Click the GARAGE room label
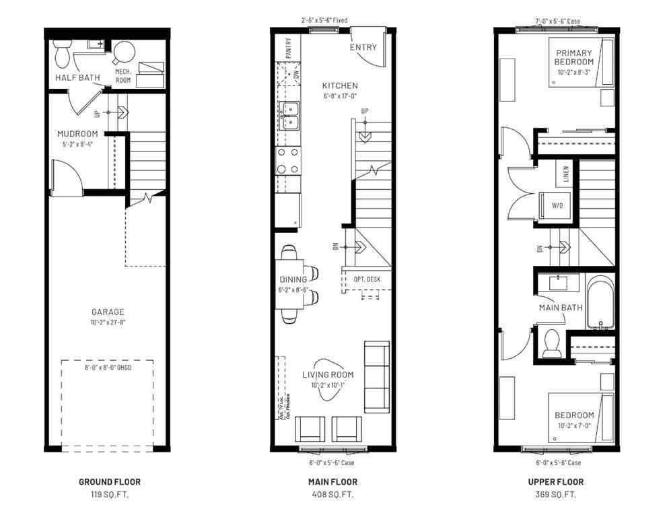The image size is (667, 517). point(108,312)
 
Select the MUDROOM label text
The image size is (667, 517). point(78,133)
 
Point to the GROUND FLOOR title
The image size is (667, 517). point(109,482)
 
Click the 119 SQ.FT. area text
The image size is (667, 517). point(109,494)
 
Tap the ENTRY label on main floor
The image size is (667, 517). point(363,48)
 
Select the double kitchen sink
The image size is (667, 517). point(290,115)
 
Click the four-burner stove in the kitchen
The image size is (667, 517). point(289,161)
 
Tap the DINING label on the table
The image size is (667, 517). point(293,279)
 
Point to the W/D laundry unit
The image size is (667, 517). point(556,206)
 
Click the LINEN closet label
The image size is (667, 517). point(566,176)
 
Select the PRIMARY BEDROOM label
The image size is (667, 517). point(574,57)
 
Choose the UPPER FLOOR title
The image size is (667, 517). point(556,482)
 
